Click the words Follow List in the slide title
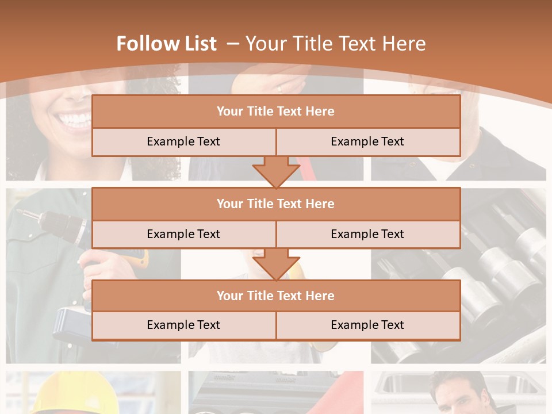[x=166, y=44]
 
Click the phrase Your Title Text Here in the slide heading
[x=335, y=44]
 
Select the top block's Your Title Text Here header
[x=275, y=112]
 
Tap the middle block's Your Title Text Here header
[x=275, y=204]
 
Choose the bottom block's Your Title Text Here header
[x=275, y=296]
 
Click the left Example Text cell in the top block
[x=183, y=141]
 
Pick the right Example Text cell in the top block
[x=367, y=141]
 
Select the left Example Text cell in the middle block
[x=183, y=234]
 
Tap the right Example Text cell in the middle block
[x=367, y=234]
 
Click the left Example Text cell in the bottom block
[x=183, y=325]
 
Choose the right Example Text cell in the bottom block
[x=367, y=325]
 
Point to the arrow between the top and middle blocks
[x=276, y=172]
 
